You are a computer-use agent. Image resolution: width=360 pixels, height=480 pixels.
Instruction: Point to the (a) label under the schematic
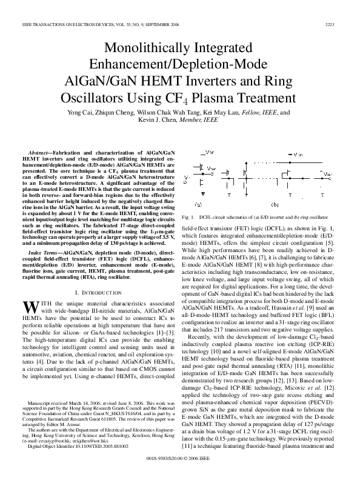coord(198,204)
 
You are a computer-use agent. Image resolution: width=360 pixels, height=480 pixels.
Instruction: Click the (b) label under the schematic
coord(275,204)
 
